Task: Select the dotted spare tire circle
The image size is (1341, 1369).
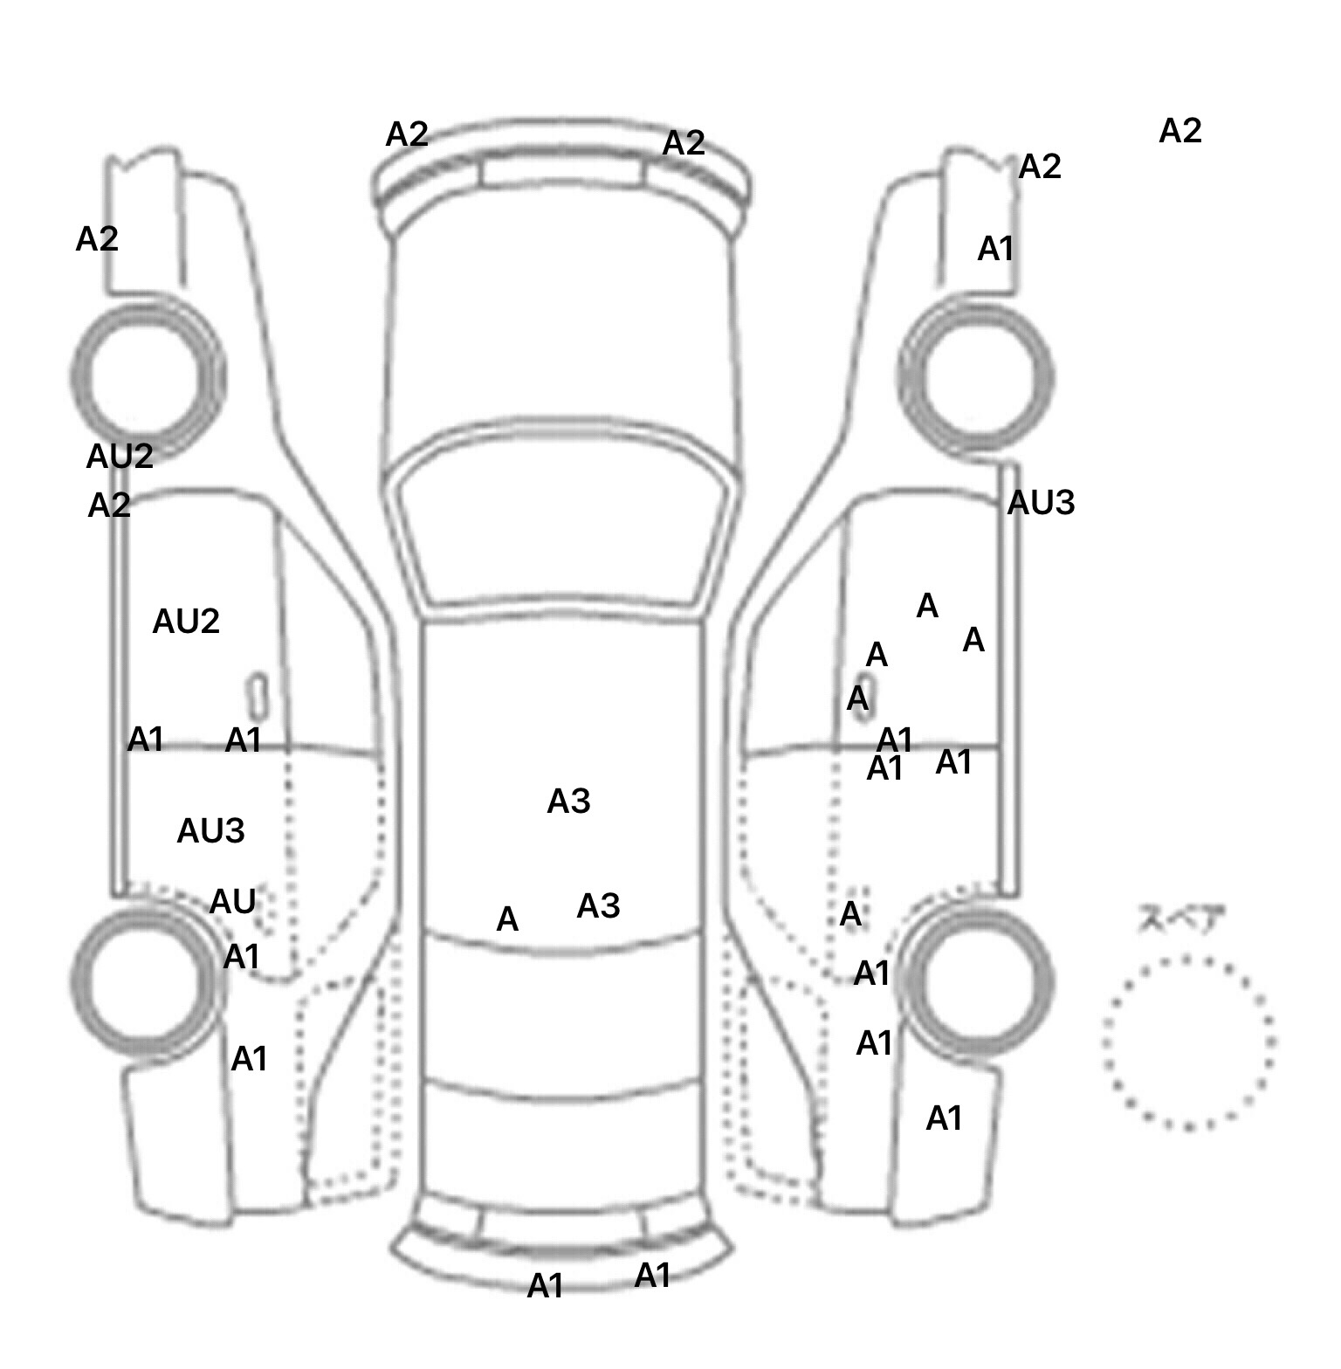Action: (x=1188, y=1042)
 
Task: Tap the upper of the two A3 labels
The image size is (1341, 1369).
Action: (x=568, y=801)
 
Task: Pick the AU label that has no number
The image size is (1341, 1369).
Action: (x=233, y=902)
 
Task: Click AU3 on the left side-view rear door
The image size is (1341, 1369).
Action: (x=210, y=831)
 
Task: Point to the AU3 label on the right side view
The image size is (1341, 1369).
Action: (x=1041, y=503)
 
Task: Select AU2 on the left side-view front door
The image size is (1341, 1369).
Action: (x=186, y=622)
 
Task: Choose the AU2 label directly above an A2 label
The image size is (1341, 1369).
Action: (x=120, y=456)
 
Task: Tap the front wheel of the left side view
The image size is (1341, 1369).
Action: (x=147, y=377)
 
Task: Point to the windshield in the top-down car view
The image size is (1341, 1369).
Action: (x=563, y=533)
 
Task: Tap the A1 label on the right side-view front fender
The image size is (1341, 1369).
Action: (x=995, y=250)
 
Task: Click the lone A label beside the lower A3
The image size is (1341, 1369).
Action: (x=507, y=919)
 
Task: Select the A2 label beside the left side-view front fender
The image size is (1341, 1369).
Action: (x=97, y=239)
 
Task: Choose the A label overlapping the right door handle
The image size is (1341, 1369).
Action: (x=858, y=698)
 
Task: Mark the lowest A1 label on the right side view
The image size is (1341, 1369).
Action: (x=944, y=1118)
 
